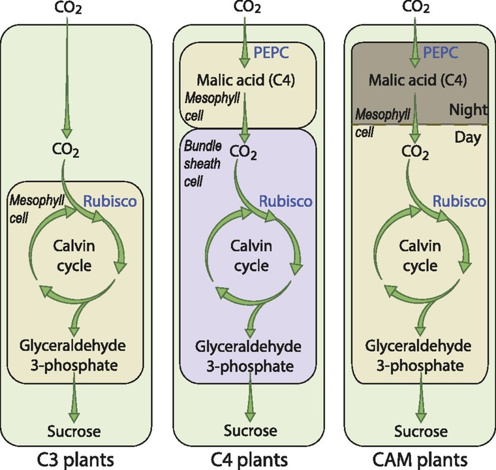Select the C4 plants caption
click(x=247, y=456)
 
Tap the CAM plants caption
click(x=416, y=456)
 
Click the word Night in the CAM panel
click(x=466, y=112)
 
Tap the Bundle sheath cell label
click(x=198, y=155)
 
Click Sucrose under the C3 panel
click(x=75, y=431)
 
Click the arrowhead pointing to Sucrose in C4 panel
click(x=247, y=416)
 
